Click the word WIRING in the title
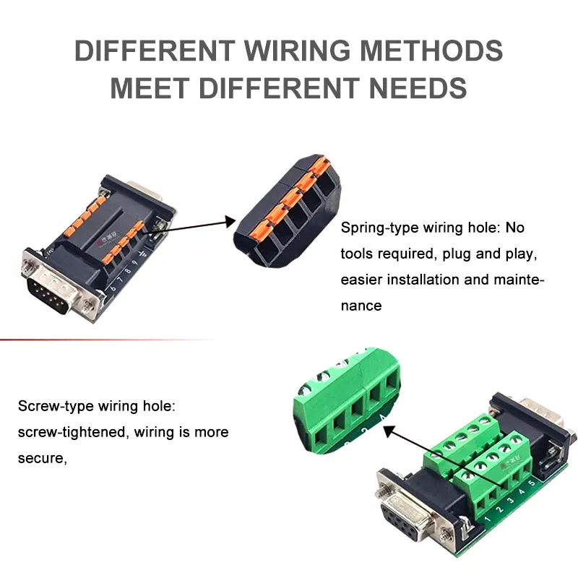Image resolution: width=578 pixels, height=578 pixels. pos(297,50)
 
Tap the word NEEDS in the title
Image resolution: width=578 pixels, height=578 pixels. pos(418,88)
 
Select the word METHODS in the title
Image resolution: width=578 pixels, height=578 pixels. pos(431,50)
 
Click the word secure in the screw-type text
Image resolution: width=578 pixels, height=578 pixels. pos(41,458)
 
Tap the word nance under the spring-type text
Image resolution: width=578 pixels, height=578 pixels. pos(361,306)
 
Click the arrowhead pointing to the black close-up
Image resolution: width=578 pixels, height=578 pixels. pos(230,222)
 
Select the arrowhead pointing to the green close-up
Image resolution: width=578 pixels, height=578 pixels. pos(390,431)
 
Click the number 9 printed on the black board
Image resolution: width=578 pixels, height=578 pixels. pos(134,263)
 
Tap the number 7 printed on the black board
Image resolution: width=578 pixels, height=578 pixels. pos(120,280)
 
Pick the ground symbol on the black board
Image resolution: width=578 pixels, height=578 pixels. pos(142,254)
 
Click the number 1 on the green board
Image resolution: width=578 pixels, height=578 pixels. pos(488,519)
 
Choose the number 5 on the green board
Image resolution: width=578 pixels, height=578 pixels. pos(532,483)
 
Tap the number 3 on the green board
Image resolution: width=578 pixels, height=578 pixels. pos(510,501)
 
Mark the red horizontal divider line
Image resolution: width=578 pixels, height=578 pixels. pos(107,339)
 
